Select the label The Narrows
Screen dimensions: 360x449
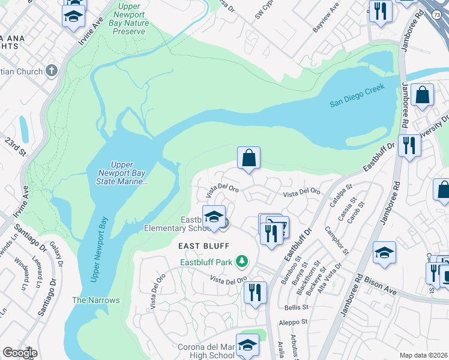(96, 300)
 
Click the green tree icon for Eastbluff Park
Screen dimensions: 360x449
(241, 261)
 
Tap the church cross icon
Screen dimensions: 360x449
(52, 71)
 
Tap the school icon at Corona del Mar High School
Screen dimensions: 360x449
(247, 344)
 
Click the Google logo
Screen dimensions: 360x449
(19, 353)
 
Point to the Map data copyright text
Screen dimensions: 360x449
(424, 355)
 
